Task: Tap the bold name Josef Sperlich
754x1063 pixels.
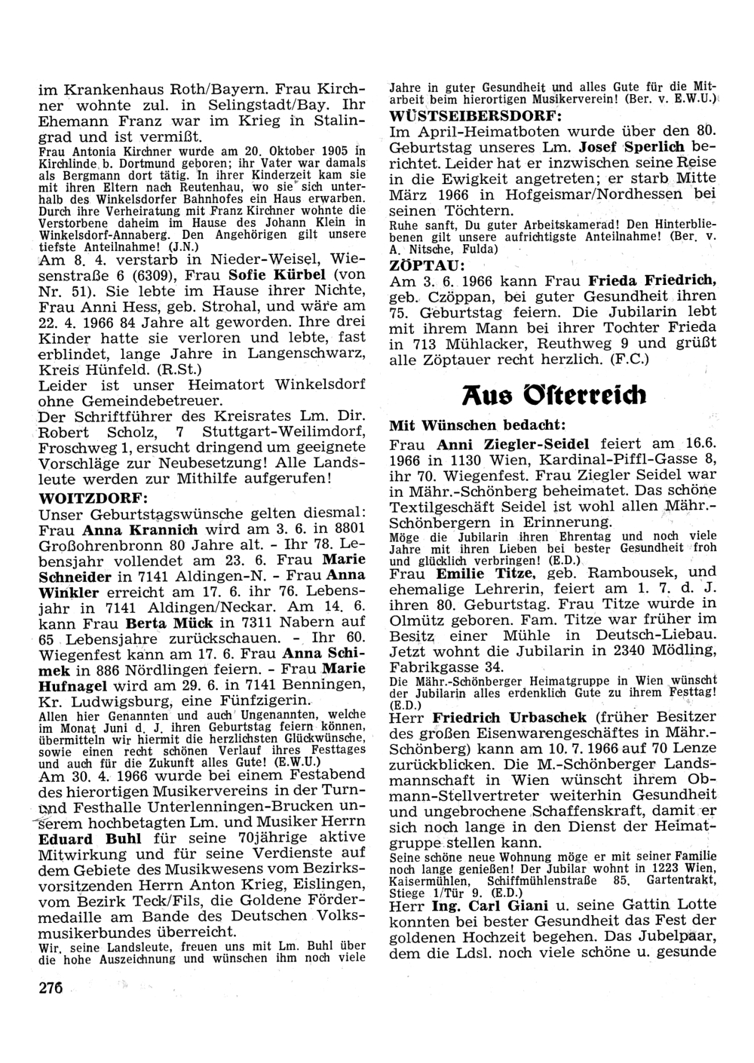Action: pos(630,146)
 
